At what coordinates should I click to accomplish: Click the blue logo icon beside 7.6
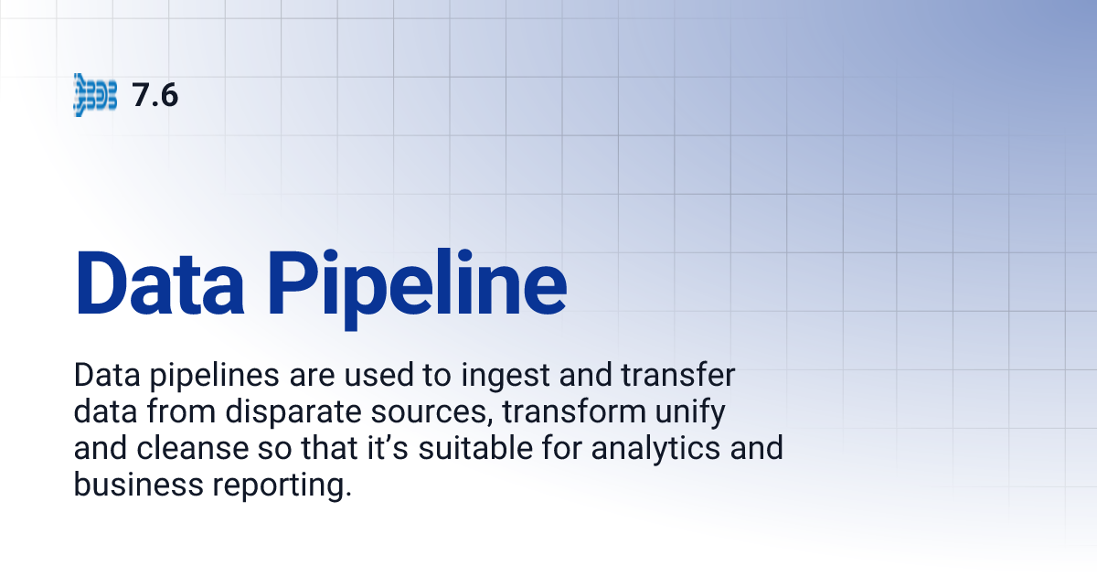[95, 95]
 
